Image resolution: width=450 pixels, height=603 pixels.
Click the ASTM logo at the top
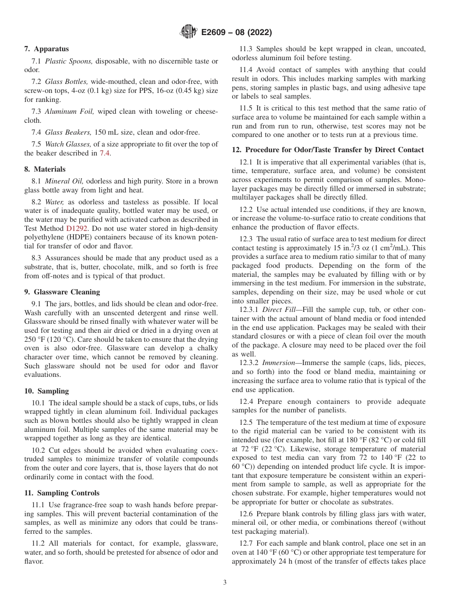[189, 32]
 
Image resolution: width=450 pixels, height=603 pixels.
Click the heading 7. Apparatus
[46, 49]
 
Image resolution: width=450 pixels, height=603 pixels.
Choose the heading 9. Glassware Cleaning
[62, 292]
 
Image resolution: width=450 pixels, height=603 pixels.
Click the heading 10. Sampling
[46, 391]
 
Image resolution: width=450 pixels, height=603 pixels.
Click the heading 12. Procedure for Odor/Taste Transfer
[327, 150]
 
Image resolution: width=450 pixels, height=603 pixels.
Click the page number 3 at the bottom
[225, 583]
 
